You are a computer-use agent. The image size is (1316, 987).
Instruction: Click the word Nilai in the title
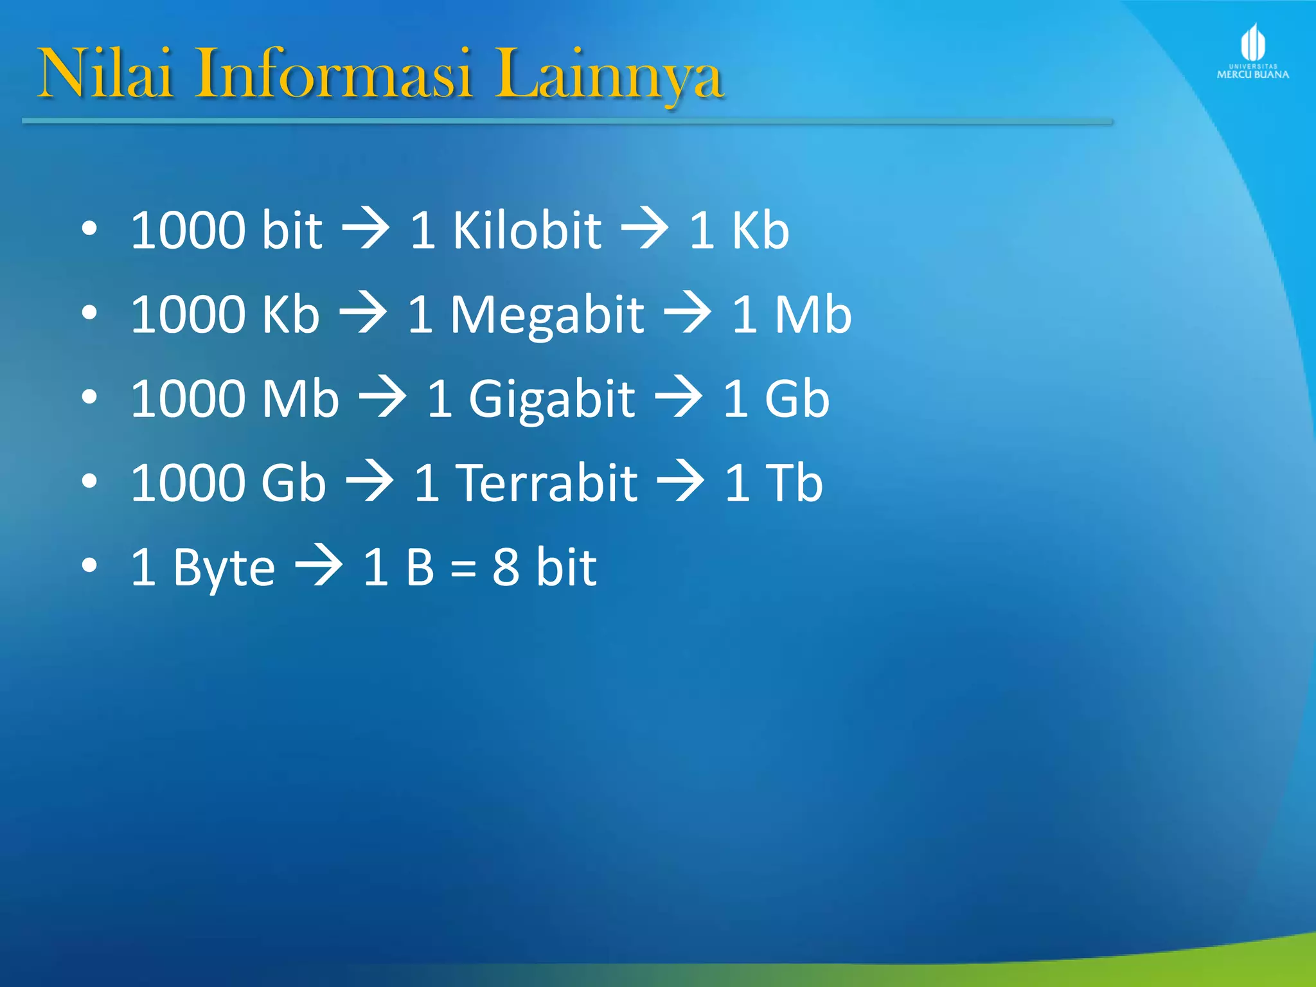coord(106,74)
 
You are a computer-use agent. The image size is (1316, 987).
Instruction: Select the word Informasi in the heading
coord(335,74)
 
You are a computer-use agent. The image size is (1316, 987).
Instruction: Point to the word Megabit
coord(547,315)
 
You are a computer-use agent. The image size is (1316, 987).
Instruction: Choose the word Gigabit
coord(551,400)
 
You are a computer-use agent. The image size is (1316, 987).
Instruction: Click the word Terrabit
coord(547,483)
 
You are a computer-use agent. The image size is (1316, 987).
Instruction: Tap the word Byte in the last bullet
coord(224,568)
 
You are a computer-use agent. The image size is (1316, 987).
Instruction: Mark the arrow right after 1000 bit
coord(366,230)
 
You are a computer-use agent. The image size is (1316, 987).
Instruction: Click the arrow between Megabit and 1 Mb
coord(688,314)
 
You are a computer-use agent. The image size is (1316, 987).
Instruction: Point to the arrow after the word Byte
coord(319,567)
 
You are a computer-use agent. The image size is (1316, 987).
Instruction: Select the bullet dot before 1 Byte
coord(89,565)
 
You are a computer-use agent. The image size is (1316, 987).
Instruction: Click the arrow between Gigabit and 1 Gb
coord(679,398)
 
